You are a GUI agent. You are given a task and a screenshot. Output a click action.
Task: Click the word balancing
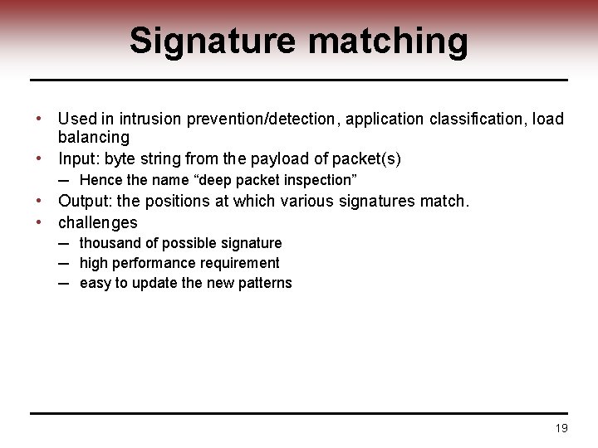(x=94, y=137)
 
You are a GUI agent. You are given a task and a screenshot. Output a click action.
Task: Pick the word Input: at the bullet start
(x=79, y=158)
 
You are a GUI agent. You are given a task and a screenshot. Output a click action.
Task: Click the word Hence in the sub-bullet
(x=101, y=180)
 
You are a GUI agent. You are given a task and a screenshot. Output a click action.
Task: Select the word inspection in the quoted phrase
(x=320, y=180)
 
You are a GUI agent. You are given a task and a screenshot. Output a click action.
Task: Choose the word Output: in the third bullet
(x=86, y=201)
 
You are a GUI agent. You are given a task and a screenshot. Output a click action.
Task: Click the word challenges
(x=98, y=222)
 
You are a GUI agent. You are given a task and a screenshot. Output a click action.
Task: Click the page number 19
(x=561, y=428)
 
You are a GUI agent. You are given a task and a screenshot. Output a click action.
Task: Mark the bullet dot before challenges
(x=40, y=222)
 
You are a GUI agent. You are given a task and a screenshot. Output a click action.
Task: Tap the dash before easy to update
(x=63, y=283)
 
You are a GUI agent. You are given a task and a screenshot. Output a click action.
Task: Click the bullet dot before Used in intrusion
(x=40, y=119)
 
